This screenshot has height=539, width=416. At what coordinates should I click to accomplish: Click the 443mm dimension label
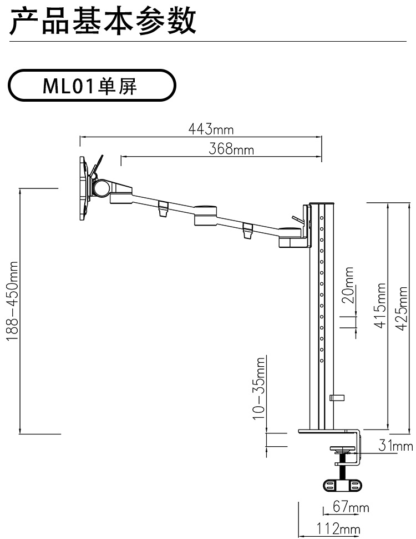point(211,129)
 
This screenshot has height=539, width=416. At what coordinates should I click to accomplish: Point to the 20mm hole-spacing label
point(348,285)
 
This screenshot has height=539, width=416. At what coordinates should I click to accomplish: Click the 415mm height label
point(381,306)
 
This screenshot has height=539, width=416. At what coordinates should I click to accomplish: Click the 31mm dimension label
point(395,445)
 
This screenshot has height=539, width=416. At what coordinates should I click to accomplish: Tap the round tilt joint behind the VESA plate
point(102,187)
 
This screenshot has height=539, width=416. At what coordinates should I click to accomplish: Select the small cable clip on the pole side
point(336,397)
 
